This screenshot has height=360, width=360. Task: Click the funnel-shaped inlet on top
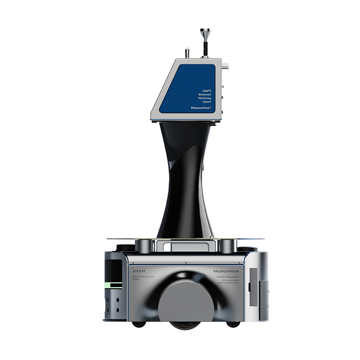pyautogui.click(x=204, y=33)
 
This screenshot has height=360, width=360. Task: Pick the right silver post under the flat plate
pyautogui.click(x=227, y=246)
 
